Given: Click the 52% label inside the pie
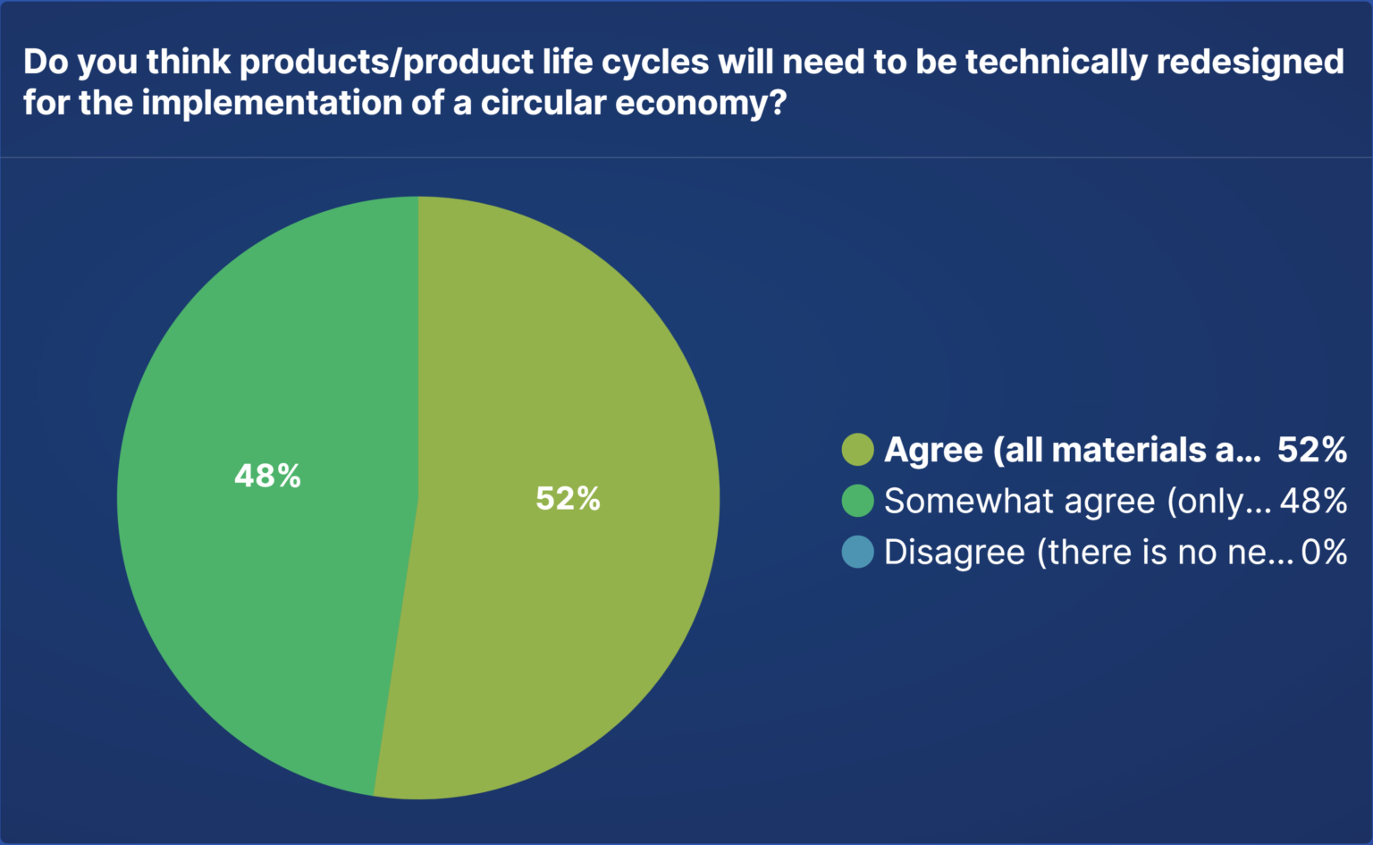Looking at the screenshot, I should point(568,498).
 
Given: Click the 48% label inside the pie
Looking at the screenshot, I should point(267,476).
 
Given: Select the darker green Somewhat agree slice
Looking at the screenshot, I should point(268,581).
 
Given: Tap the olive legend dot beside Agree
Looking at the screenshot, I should point(857,450).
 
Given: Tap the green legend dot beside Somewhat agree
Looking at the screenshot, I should point(857,501).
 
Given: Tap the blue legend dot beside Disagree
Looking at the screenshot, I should point(857,552).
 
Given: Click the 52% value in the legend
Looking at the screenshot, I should point(1311,450).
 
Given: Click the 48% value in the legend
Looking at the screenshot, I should point(1313,501).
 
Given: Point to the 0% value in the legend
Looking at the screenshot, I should point(1324,552).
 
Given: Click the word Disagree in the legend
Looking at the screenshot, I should point(954,553).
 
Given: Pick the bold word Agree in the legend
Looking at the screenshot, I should point(933,451).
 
